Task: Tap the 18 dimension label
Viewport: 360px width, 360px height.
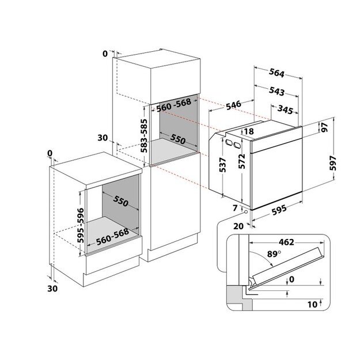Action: pyautogui.click(x=249, y=132)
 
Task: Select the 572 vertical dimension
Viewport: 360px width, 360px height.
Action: pyautogui.click(x=242, y=166)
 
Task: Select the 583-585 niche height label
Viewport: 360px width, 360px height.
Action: pyautogui.click(x=146, y=134)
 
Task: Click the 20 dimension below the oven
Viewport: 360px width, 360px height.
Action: pyautogui.click(x=238, y=226)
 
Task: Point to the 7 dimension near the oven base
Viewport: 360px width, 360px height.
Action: pyautogui.click(x=235, y=207)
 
